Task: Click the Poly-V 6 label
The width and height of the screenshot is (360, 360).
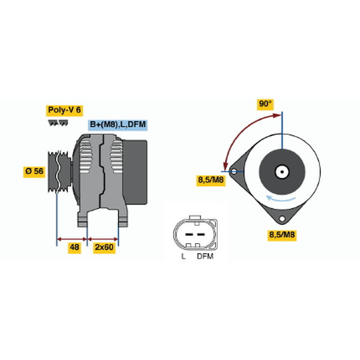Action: click(64, 110)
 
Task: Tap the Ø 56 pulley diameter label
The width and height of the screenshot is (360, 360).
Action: click(34, 171)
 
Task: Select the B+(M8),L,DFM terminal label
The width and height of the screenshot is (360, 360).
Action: click(118, 125)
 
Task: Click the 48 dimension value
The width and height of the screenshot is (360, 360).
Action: click(74, 247)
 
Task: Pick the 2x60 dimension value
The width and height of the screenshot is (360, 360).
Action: click(104, 247)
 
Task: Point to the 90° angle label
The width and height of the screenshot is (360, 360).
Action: click(265, 104)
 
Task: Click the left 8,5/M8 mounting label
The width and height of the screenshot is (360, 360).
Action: click(211, 180)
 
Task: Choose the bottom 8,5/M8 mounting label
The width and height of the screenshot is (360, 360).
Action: click(282, 235)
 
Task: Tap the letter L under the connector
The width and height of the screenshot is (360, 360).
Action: click(183, 256)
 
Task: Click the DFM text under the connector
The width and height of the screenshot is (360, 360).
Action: click(205, 256)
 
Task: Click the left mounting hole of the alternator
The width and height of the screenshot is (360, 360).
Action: click(234, 172)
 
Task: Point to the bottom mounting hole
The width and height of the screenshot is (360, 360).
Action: click(282, 218)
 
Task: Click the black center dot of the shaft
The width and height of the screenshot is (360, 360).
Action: click(282, 172)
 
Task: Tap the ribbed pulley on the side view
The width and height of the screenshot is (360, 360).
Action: click(59, 172)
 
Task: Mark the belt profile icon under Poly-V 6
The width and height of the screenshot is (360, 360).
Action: click(58, 123)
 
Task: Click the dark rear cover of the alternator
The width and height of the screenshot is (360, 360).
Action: click(135, 172)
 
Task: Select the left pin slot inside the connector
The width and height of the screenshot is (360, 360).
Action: click(189, 235)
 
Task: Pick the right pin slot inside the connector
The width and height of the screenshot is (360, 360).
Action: click(201, 235)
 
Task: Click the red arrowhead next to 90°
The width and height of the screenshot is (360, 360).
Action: click(277, 115)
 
